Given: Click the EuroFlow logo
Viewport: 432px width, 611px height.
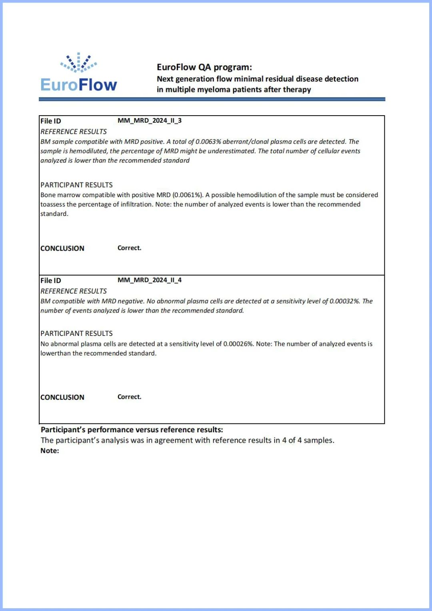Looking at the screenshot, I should (79, 73).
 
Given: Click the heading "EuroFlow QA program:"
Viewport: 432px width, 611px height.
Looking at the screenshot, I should (204, 67).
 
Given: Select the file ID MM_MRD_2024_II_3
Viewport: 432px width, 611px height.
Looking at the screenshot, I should (149, 120).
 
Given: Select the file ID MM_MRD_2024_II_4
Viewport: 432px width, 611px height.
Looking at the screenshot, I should (149, 280).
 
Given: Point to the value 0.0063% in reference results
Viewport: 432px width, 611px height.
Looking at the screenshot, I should (208, 142).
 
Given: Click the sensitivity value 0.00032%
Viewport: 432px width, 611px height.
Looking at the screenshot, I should (344, 301).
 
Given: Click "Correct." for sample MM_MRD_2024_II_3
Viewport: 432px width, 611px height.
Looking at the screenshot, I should (129, 248).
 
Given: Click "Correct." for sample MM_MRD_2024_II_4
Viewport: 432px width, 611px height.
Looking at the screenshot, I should (129, 397).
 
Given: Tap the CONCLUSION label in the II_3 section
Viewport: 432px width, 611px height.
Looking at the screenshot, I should (62, 248).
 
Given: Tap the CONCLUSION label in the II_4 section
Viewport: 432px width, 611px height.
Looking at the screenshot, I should (62, 397).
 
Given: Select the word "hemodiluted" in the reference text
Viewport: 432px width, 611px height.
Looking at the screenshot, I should (88, 151).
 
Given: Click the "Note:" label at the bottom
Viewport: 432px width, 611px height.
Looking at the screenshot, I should (50, 451).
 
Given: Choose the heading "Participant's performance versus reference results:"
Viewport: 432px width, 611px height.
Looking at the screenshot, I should (132, 430).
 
